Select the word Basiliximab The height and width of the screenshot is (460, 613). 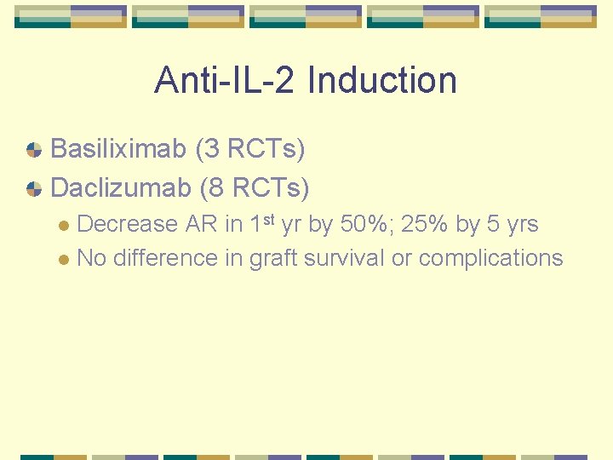pyautogui.click(x=118, y=150)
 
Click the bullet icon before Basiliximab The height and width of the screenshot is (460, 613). pyautogui.click(x=34, y=151)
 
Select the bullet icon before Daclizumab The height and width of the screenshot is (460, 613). pyautogui.click(x=34, y=188)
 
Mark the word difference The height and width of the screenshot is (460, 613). pyautogui.click(x=166, y=258)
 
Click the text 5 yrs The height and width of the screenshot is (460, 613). pyautogui.click(x=512, y=224)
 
